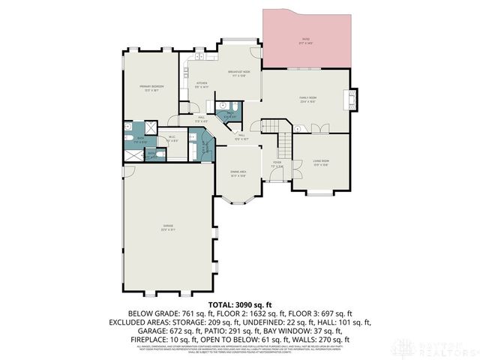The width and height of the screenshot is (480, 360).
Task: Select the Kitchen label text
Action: point(202,84)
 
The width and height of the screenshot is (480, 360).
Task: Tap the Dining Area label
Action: point(239,173)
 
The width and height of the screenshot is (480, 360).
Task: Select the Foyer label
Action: point(277,164)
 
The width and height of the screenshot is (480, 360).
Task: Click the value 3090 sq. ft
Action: point(255,302)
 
